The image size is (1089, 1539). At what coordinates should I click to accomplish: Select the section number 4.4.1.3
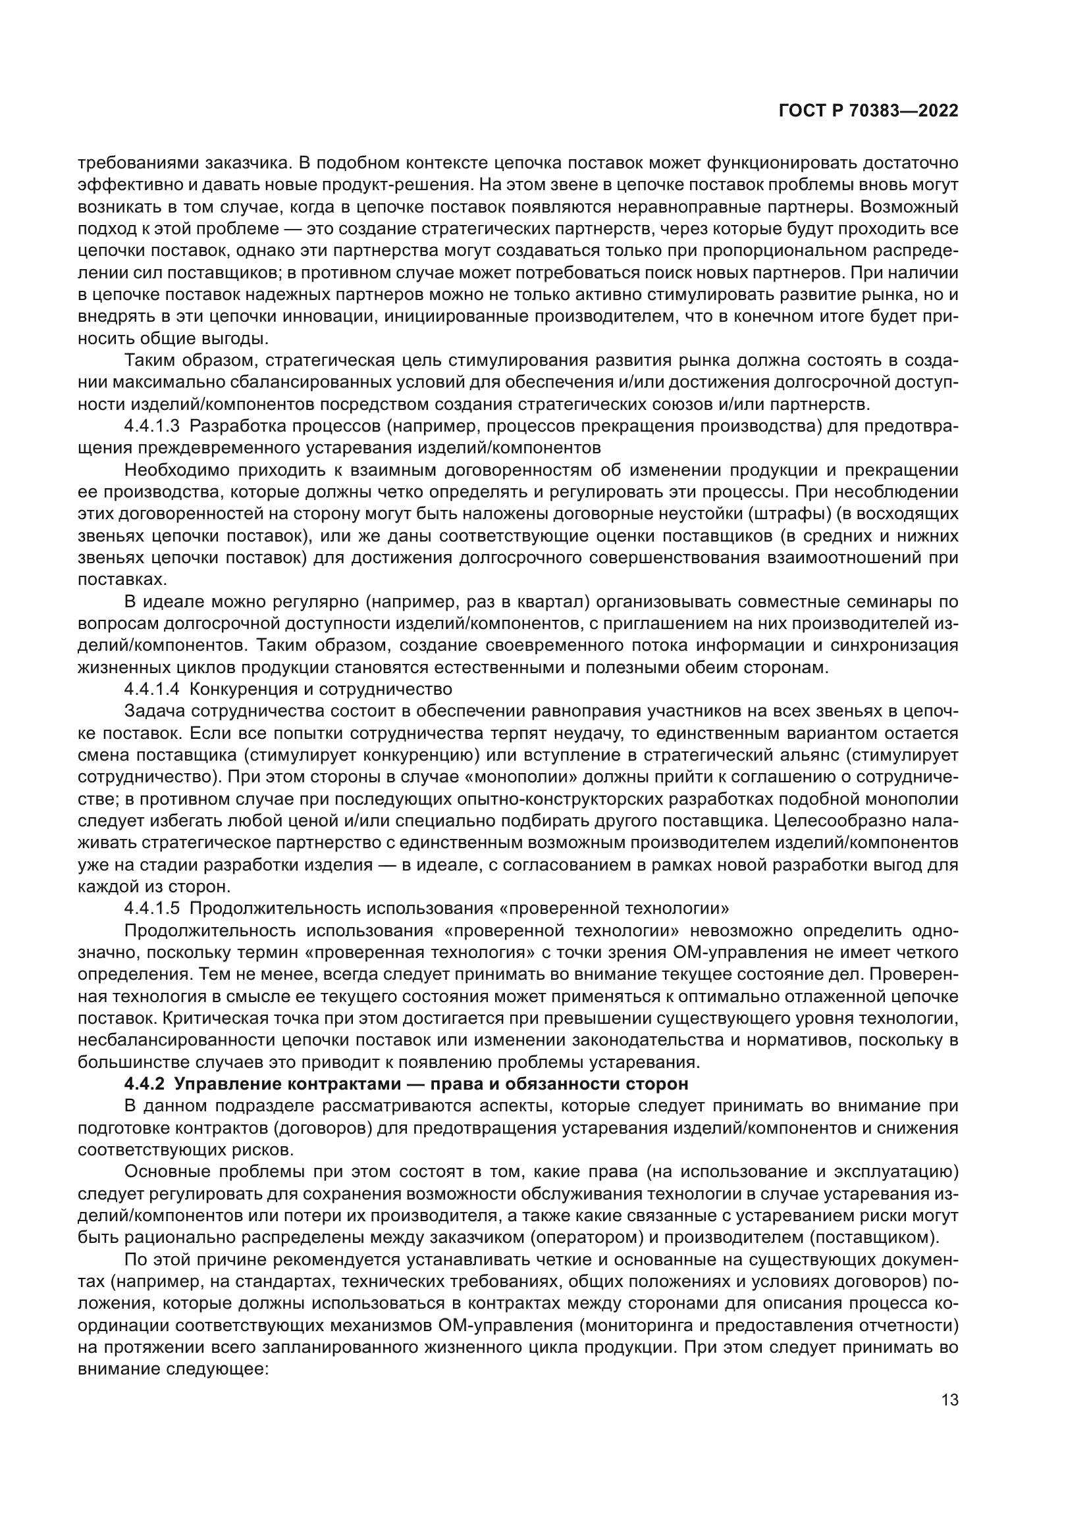pos(151,426)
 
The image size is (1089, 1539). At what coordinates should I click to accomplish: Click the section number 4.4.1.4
pos(151,689)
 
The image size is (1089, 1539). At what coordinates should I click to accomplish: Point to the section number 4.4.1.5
pos(151,908)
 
